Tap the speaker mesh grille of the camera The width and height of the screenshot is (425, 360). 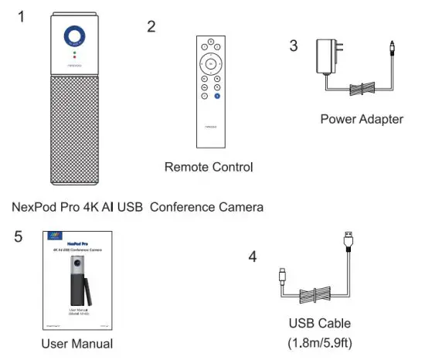(74, 127)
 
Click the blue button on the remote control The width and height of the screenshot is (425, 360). (217, 95)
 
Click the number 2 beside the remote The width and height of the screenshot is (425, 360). (151, 27)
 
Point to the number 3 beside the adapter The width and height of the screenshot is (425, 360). (294, 46)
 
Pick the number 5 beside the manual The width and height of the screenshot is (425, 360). (18, 236)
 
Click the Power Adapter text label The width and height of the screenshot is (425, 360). (361, 119)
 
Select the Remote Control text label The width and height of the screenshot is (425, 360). (209, 166)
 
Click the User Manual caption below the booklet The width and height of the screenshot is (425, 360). (76, 343)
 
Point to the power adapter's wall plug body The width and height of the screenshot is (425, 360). (325, 55)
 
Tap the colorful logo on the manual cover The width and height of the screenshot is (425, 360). (53, 235)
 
